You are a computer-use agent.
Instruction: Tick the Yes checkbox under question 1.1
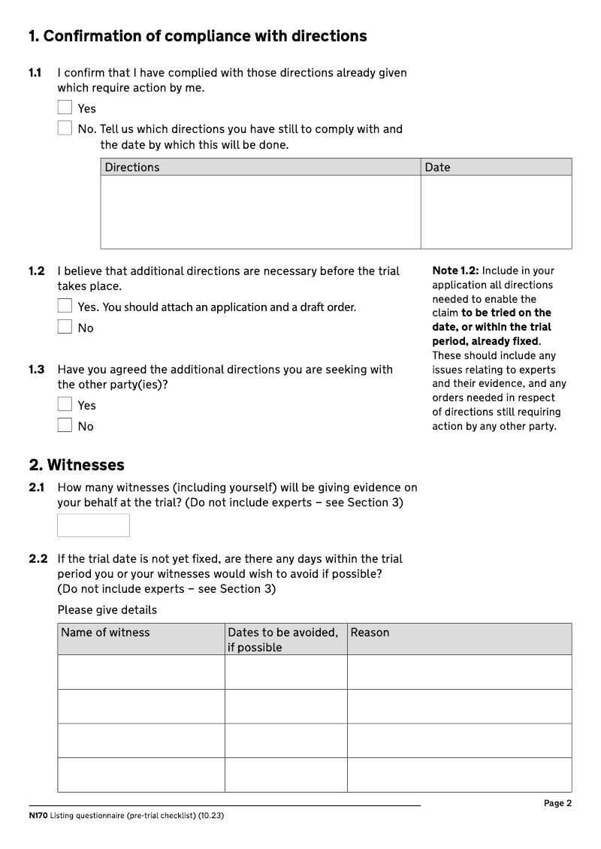[x=65, y=108]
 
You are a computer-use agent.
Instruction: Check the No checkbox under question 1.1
[x=65, y=128]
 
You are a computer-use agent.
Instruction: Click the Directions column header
[x=132, y=167]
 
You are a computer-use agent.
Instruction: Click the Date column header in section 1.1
[x=437, y=167]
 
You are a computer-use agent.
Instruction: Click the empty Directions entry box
[x=260, y=211]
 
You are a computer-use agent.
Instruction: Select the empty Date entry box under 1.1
[x=496, y=211]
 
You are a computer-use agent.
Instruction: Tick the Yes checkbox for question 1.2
[x=65, y=307]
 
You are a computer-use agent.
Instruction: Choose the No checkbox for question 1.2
[x=65, y=327]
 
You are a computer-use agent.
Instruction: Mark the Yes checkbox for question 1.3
[x=65, y=404]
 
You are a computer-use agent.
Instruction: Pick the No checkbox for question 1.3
[x=65, y=425]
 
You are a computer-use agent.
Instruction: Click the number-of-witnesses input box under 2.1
[x=93, y=525]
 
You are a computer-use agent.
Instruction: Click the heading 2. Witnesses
[x=76, y=465]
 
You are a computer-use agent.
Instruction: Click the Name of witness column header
[x=105, y=633]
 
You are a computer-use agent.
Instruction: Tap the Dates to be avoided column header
[x=282, y=639]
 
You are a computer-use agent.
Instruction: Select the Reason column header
[x=370, y=633]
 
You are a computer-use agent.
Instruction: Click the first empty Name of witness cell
[x=140, y=672]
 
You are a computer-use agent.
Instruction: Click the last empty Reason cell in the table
[x=459, y=775]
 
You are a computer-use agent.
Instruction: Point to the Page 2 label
[x=557, y=803]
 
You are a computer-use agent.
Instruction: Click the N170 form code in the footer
[x=38, y=817]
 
